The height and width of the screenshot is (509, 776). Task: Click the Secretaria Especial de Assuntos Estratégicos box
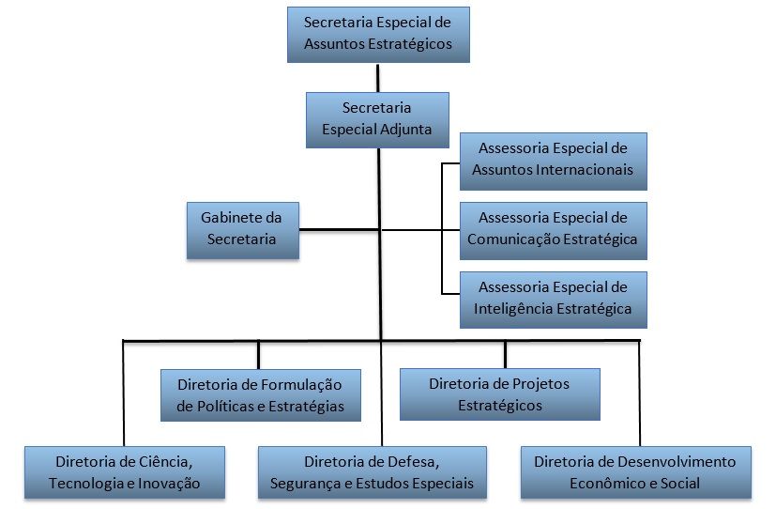click(378, 34)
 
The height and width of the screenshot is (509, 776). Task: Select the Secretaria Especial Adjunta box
click(377, 119)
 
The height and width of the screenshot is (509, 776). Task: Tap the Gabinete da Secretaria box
click(243, 228)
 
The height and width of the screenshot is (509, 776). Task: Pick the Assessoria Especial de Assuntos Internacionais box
click(553, 160)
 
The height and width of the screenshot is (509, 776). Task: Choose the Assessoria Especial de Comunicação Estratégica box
click(553, 229)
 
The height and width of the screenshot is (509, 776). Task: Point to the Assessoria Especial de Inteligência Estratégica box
click(553, 298)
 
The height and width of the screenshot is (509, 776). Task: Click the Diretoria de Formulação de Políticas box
click(260, 394)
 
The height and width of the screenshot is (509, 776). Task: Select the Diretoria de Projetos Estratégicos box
click(499, 394)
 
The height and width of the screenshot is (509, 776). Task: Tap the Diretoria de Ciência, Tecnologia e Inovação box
click(125, 472)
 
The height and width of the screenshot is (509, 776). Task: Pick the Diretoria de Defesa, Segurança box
click(372, 472)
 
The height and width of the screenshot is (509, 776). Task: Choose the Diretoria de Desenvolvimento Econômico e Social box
click(635, 472)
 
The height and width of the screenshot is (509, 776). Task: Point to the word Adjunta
click(403, 130)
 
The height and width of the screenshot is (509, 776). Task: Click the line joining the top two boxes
click(378, 77)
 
